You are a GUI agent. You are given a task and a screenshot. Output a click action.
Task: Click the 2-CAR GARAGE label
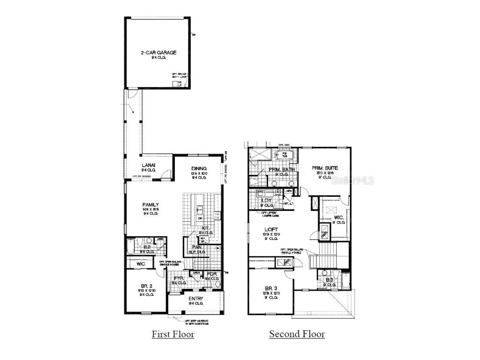pos(158,52)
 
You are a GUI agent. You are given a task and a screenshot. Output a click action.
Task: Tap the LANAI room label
pos(149,165)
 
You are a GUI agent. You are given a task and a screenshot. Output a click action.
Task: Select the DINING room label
pos(199,169)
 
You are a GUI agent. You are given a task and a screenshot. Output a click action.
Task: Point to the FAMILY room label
pos(150,204)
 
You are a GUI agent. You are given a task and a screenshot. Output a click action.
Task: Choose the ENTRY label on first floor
pos(195,299)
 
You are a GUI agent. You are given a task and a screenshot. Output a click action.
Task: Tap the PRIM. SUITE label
pos(325,168)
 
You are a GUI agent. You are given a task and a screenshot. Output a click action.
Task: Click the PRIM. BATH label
pos(280,170)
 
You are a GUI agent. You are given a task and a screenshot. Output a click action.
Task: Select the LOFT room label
pos(272,230)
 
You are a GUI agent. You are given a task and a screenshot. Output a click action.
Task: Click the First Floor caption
pos(172,334)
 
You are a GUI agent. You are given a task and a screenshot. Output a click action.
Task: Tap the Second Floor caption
pos(297,334)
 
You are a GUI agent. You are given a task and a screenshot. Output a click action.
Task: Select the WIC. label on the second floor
pos(339,217)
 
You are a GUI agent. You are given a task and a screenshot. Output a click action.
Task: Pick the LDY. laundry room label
pos(266,200)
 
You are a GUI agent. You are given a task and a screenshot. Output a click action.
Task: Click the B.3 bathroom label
pos(330,280)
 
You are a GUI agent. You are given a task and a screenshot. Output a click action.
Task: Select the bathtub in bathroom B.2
pos(130,247)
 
